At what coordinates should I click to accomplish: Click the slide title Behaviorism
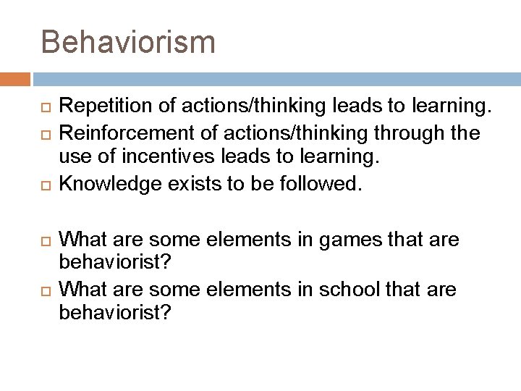128,41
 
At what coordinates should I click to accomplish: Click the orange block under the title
15,77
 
